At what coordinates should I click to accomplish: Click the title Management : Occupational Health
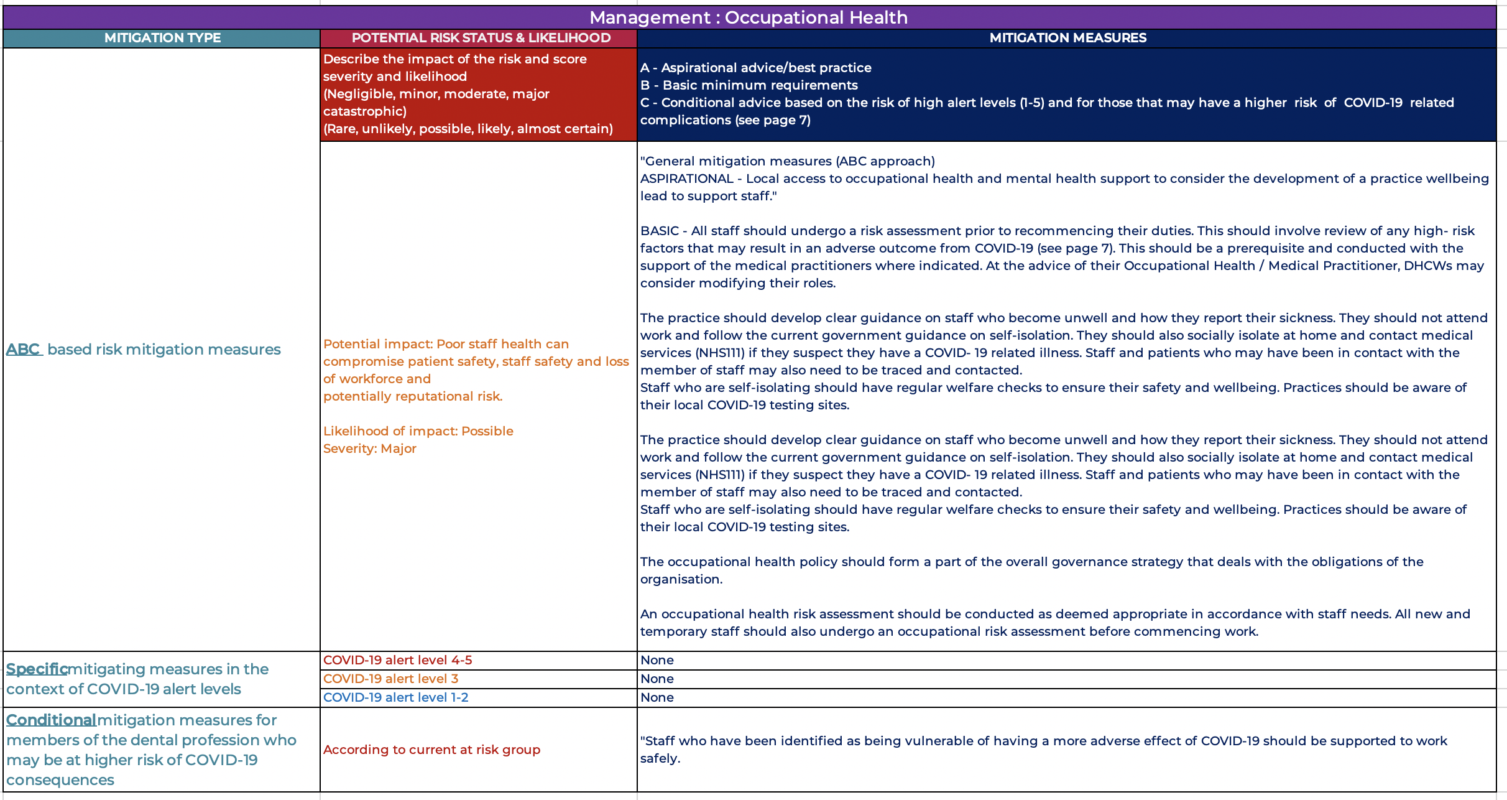click(749, 17)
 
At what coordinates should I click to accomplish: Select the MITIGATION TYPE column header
click(162, 38)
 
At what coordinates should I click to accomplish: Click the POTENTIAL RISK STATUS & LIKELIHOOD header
click(481, 38)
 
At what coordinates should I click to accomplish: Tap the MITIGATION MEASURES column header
click(1067, 38)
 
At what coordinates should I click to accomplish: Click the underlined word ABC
click(23, 350)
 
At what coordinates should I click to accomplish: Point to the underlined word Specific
click(37, 669)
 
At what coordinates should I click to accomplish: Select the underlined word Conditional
click(51, 720)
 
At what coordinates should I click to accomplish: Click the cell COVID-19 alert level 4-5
click(397, 660)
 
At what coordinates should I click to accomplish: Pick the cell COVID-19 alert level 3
click(390, 679)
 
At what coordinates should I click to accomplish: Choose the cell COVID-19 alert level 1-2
click(395, 697)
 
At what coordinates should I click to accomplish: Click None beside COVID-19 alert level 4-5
click(657, 660)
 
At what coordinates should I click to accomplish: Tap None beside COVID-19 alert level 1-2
click(657, 697)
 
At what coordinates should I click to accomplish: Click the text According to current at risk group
click(431, 750)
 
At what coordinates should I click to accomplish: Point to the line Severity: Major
click(369, 449)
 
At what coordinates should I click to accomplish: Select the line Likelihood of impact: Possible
click(418, 431)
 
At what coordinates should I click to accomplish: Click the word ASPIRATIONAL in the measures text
click(686, 179)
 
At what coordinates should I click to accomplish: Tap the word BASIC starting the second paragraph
click(659, 231)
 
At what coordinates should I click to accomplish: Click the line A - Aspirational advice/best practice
click(755, 68)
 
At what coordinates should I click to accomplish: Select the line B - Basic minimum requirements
click(749, 85)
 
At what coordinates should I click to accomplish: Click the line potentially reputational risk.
click(412, 396)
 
